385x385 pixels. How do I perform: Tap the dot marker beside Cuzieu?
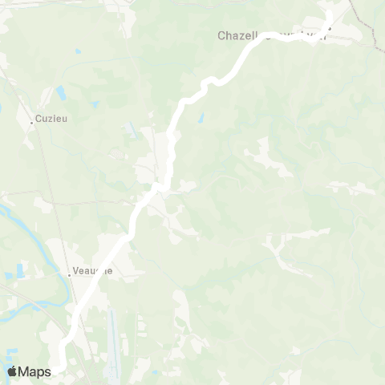click(32, 123)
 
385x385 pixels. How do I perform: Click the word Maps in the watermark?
click(34, 371)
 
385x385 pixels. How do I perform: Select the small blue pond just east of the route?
click(201, 119)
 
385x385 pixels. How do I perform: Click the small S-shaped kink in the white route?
click(210, 81)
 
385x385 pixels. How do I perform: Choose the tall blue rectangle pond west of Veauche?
click(8, 278)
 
